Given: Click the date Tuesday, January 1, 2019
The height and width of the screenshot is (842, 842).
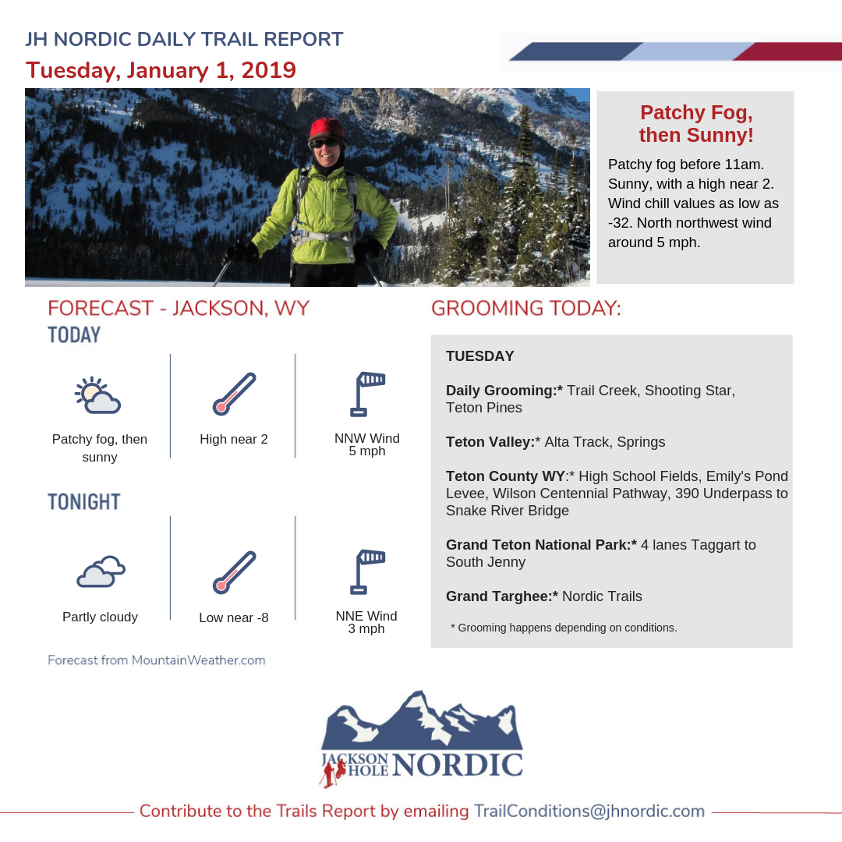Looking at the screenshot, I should pyautogui.click(x=161, y=70).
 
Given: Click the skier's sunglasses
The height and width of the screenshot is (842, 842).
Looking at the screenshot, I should pyautogui.click(x=325, y=143).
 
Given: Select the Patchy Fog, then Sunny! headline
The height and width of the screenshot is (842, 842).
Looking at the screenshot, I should pyautogui.click(x=695, y=123).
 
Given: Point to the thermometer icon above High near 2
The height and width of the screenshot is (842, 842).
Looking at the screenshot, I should pyautogui.click(x=234, y=394).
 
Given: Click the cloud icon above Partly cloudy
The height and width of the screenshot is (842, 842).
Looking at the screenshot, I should pyautogui.click(x=101, y=572).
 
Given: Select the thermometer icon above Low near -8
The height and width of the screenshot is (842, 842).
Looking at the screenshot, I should pyautogui.click(x=234, y=572).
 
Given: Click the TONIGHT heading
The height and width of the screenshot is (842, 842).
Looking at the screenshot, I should pyautogui.click(x=84, y=502).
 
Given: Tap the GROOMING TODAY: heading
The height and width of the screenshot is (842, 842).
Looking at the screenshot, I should pyautogui.click(x=526, y=309).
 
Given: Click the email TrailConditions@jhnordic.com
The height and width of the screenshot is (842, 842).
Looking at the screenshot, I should pyautogui.click(x=589, y=811).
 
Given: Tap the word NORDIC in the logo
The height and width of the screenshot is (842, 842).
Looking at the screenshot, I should pyautogui.click(x=458, y=765).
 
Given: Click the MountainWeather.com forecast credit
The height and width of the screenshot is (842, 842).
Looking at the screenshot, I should pyautogui.click(x=157, y=660).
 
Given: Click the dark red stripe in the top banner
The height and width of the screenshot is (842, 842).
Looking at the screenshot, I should pyautogui.click(x=787, y=51).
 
